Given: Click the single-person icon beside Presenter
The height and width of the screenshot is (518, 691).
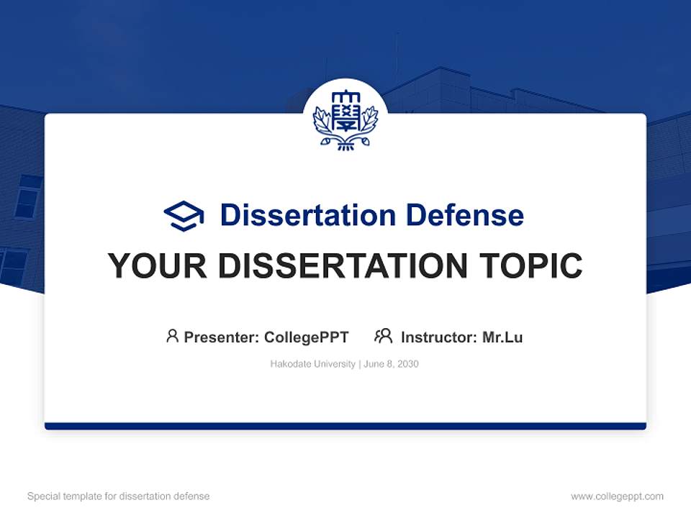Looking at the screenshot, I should pyautogui.click(x=172, y=336).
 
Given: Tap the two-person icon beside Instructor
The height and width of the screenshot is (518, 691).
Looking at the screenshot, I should pyautogui.click(x=384, y=336).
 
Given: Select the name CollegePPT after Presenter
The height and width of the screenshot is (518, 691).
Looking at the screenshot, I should pyautogui.click(x=307, y=337).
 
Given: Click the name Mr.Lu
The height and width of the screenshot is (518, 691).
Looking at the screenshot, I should pyautogui.click(x=502, y=337).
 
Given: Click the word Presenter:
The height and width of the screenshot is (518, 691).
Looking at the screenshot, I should pyautogui.click(x=222, y=337).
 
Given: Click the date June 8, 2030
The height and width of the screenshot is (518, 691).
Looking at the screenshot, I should pyautogui.click(x=391, y=364).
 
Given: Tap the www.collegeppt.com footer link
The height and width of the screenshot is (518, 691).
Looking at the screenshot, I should pyautogui.click(x=617, y=496).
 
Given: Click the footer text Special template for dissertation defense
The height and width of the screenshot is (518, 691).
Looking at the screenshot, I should pyautogui.click(x=119, y=496).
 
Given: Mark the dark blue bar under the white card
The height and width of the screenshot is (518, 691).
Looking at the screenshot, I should pyautogui.click(x=345, y=426).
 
